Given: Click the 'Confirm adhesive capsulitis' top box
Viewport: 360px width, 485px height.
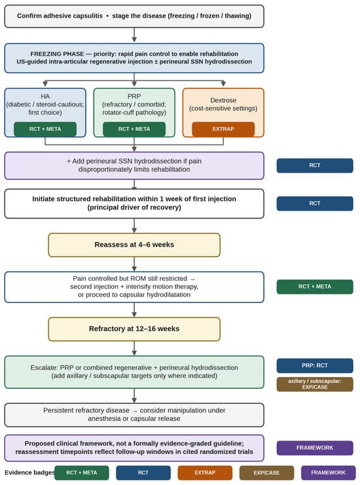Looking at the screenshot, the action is [x=134, y=16].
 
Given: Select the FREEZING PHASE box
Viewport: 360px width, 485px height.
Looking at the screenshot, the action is [x=134, y=58].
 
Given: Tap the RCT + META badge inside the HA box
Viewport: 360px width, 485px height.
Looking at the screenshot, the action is [x=45, y=129].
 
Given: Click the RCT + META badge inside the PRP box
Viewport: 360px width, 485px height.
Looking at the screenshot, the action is [x=134, y=129].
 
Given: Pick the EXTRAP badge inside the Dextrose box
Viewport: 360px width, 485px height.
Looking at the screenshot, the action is [x=223, y=129].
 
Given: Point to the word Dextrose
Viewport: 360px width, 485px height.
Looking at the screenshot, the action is [x=223, y=100].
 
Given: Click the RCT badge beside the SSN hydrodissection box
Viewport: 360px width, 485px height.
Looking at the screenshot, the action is [x=315, y=166].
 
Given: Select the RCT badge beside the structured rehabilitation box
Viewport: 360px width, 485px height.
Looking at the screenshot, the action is [x=315, y=204].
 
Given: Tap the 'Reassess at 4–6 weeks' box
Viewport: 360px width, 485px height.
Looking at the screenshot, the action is [x=134, y=245].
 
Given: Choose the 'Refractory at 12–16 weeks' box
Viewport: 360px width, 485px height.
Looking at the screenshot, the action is [x=134, y=329].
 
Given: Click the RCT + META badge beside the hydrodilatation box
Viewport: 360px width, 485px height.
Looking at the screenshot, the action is [x=315, y=287].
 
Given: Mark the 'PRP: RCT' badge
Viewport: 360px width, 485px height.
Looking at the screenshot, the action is [x=315, y=366].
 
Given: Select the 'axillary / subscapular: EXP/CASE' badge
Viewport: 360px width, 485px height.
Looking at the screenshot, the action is [x=315, y=384].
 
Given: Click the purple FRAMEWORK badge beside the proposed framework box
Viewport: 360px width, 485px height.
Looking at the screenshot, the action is [x=315, y=448].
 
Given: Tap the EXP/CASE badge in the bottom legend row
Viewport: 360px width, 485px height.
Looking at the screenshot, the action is [x=266, y=473].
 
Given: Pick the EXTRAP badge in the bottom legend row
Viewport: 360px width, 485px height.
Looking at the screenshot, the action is [x=205, y=473].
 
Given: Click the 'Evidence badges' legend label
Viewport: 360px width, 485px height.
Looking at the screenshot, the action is [x=29, y=473].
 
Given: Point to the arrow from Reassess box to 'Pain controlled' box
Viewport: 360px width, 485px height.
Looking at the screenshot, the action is [x=134, y=264].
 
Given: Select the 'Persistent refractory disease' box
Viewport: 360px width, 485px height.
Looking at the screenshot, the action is [x=134, y=415].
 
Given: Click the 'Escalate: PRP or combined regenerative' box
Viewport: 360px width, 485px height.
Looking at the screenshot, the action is [x=134, y=372].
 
